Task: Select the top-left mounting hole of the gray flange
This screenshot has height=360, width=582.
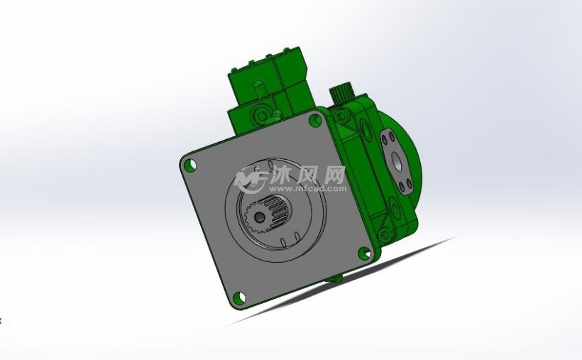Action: tap(190, 165)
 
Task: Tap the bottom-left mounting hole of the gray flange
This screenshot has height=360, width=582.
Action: tap(238, 297)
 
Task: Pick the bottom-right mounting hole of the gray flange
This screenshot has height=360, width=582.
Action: tap(363, 251)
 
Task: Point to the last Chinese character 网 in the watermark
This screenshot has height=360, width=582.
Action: tap(334, 174)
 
